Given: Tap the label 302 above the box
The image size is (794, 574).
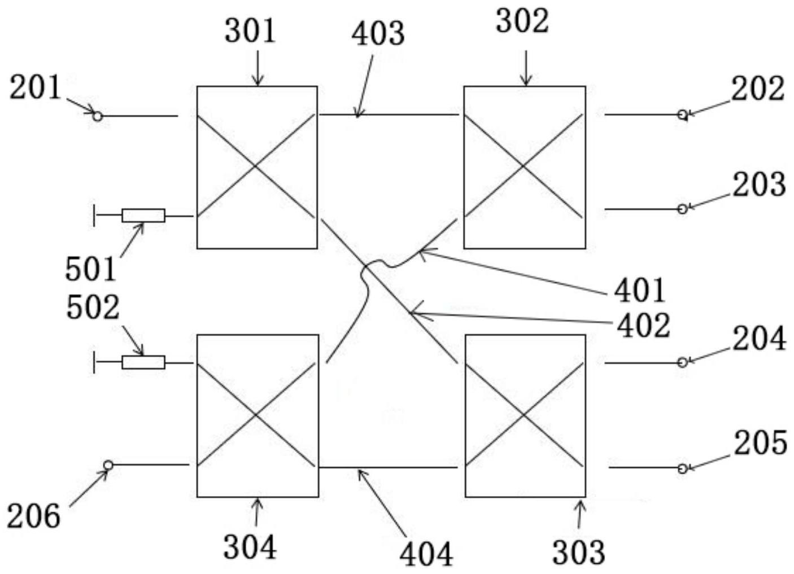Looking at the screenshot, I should click(522, 22).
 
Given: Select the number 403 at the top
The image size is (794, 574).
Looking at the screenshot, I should click(378, 34).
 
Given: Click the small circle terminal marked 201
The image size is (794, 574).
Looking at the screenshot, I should click(98, 116).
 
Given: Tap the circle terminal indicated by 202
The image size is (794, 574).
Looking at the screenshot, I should click(682, 115).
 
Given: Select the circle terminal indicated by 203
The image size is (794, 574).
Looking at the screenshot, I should click(682, 209).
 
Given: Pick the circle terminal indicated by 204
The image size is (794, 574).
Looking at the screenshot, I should click(682, 362).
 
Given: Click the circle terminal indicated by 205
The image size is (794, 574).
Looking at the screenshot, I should click(682, 468).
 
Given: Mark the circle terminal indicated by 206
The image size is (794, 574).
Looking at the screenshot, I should click(108, 465).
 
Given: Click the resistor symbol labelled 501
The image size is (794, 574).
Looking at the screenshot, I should click(143, 216).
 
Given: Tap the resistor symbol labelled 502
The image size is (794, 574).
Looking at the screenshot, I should click(143, 362).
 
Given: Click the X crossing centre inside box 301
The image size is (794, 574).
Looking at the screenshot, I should click(256, 166).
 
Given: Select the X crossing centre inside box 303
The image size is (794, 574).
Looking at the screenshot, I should click(524, 416).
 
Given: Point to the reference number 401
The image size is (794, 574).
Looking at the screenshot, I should click(640, 290).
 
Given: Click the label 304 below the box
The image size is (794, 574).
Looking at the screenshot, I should click(250, 547).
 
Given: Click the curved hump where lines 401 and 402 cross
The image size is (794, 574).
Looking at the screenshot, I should click(374, 265).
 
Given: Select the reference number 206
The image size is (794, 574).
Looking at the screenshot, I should click(33, 516).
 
